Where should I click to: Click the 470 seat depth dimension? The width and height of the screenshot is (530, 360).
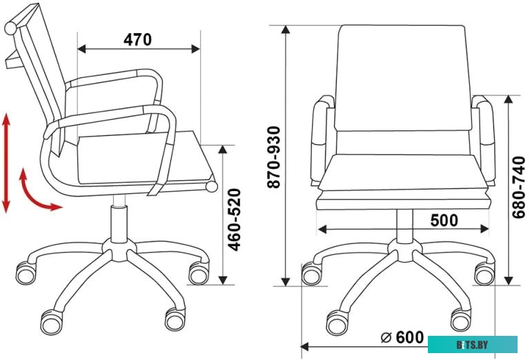[137, 39]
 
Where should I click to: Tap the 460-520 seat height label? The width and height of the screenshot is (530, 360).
[234, 219]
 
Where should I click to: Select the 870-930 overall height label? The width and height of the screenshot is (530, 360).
[274, 157]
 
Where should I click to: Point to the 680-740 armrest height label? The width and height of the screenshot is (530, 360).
[518, 188]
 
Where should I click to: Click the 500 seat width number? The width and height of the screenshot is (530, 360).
[444, 220]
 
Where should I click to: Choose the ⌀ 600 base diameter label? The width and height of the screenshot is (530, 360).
[402, 337]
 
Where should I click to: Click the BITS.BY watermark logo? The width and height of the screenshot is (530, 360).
[473, 344]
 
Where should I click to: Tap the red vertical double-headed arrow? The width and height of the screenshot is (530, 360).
[6, 163]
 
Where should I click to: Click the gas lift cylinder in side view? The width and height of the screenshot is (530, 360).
[119, 219]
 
